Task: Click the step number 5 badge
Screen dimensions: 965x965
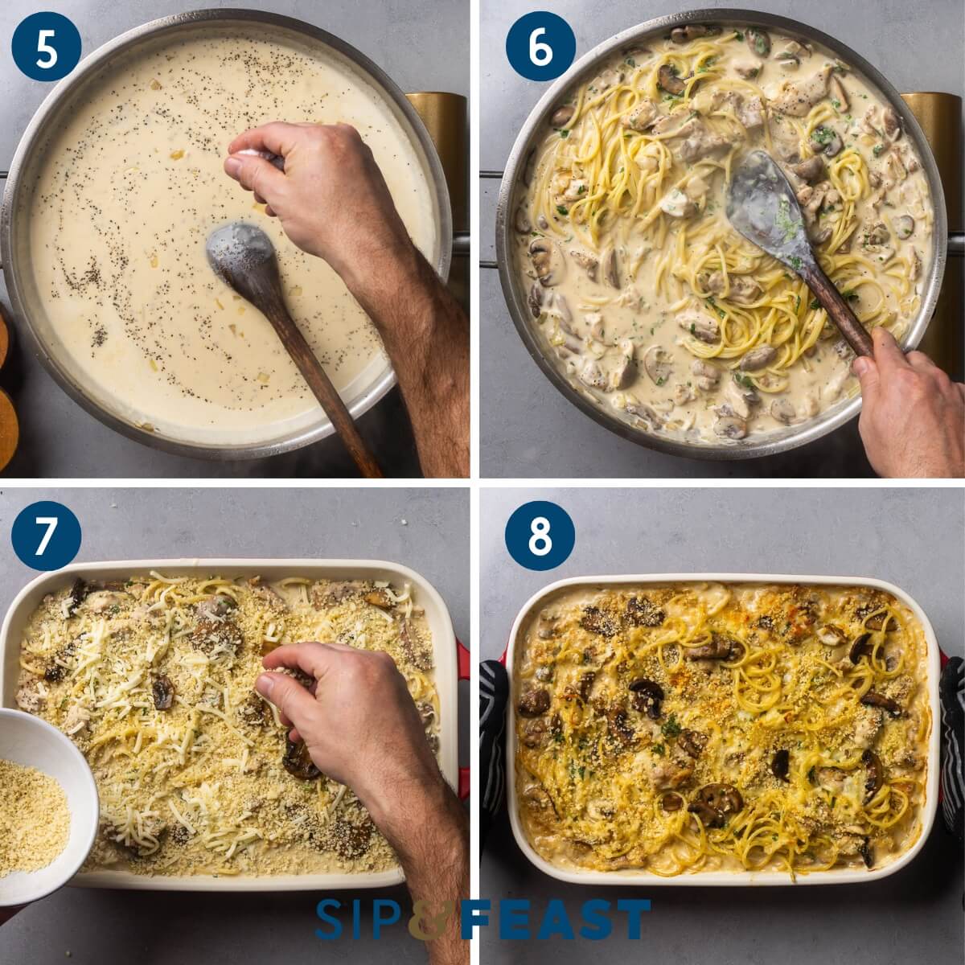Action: [47, 47]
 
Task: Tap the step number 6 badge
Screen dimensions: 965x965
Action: [540, 47]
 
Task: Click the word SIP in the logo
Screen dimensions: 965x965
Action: [359, 919]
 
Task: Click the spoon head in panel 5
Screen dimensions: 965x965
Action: [240, 250]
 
